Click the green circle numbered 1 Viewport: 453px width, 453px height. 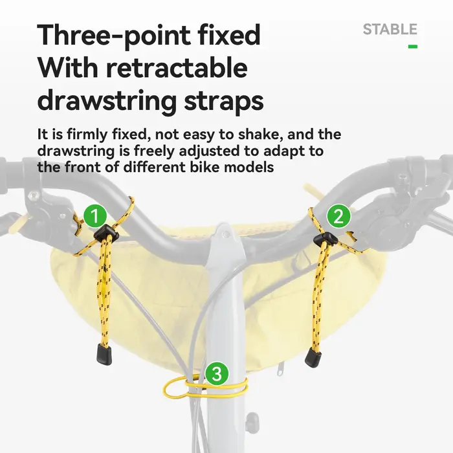click(95, 215)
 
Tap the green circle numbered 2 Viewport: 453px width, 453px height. click(338, 216)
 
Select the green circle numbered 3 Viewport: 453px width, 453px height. click(217, 374)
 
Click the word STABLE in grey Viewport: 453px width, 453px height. click(390, 30)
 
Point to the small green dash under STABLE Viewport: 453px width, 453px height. click(413, 46)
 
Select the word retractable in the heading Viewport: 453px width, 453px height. click(177, 68)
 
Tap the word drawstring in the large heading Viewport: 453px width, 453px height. click(107, 102)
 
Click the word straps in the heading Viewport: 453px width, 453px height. click(224, 103)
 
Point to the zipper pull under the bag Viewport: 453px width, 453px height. click(280, 370)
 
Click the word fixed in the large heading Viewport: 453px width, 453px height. click(230, 35)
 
